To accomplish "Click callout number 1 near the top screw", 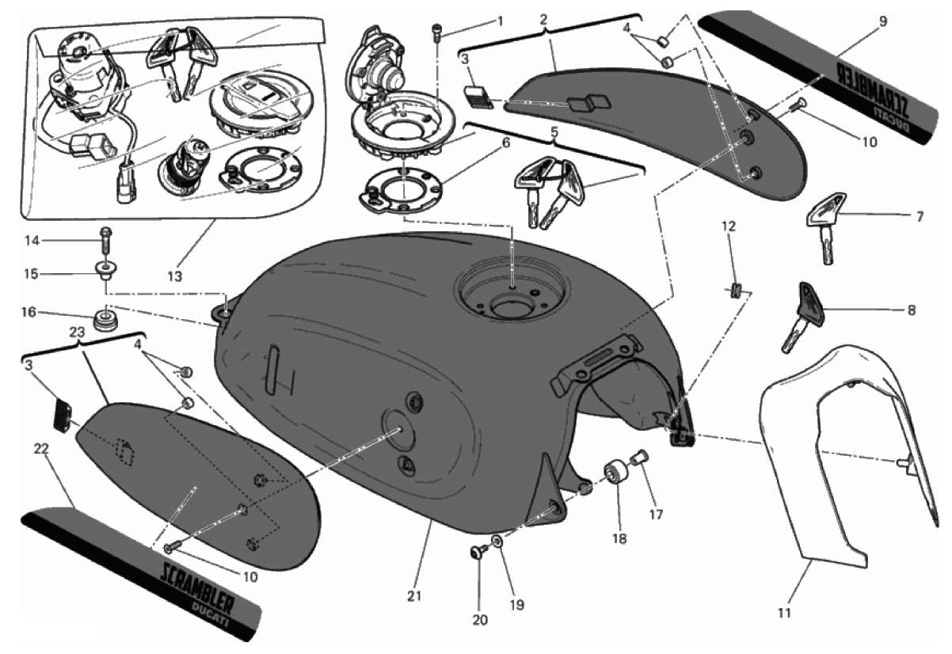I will click(x=500, y=19).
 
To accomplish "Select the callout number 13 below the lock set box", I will click(x=174, y=276).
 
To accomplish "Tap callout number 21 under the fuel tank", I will click(x=413, y=595).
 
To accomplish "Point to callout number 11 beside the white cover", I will click(x=783, y=612).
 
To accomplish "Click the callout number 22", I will click(x=41, y=448).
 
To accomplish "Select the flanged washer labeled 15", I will click(x=104, y=271).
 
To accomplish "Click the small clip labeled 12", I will click(x=734, y=290).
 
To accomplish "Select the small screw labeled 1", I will click(x=435, y=32).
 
